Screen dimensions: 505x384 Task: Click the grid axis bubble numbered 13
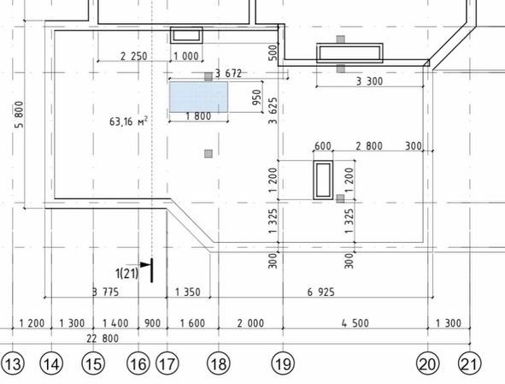click(x=13, y=363)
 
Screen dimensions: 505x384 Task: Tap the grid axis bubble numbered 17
click(x=167, y=363)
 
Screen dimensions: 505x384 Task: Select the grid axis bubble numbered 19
click(x=284, y=363)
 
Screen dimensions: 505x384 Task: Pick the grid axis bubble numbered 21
click(x=470, y=363)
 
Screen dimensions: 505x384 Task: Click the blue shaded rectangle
click(x=199, y=97)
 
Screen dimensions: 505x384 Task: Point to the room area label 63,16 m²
click(x=129, y=121)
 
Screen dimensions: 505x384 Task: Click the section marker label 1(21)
click(x=127, y=274)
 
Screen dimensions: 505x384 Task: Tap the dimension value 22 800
click(x=103, y=339)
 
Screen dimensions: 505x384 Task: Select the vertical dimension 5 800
click(x=20, y=115)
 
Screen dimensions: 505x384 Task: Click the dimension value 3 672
click(x=228, y=74)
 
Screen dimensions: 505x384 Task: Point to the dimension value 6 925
click(x=320, y=292)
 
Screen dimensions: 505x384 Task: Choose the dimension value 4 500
click(x=355, y=323)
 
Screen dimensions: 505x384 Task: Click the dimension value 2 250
click(x=134, y=56)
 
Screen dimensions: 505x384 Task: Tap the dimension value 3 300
click(x=369, y=81)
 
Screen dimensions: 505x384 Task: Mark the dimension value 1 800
click(x=198, y=116)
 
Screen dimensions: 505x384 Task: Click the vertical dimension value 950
click(x=257, y=97)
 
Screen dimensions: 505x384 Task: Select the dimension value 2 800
click(x=369, y=146)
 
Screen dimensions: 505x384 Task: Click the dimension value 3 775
click(x=106, y=292)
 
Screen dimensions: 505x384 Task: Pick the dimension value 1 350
click(x=188, y=292)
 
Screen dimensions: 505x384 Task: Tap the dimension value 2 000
click(x=250, y=323)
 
